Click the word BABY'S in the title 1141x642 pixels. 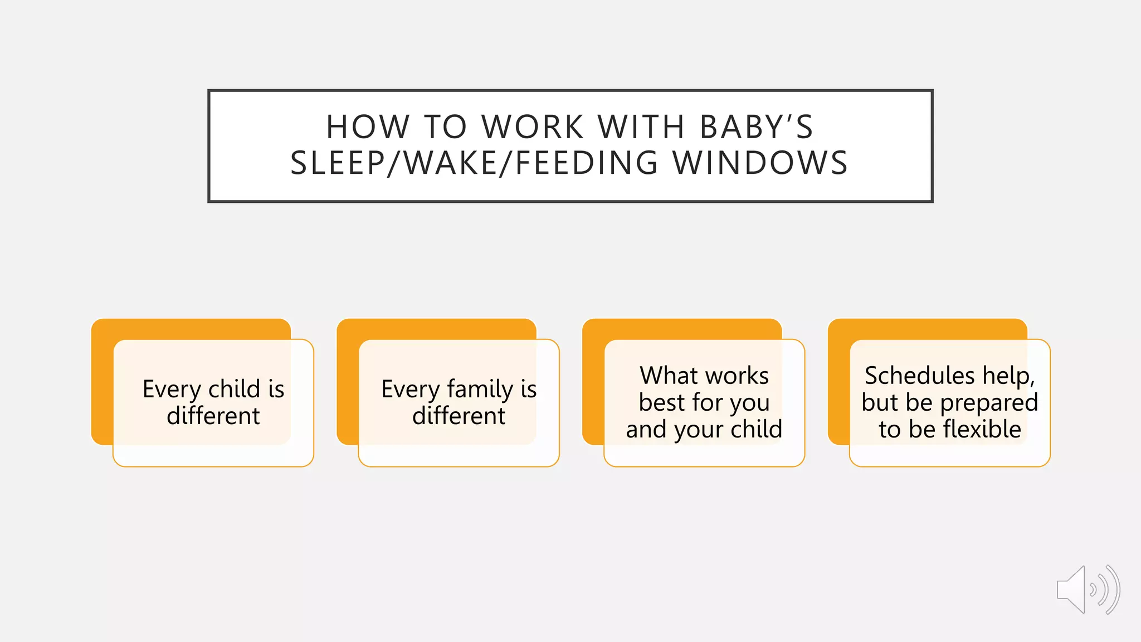pyautogui.click(x=756, y=127)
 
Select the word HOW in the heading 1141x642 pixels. pyautogui.click(x=368, y=127)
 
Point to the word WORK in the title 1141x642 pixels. pyautogui.click(x=533, y=127)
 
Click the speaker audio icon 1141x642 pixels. pyautogui.click(x=1088, y=590)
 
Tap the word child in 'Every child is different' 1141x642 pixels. pyautogui.click(x=234, y=389)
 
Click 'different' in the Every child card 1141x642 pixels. pyautogui.click(x=213, y=416)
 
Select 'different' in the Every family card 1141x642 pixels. pyautogui.click(x=459, y=416)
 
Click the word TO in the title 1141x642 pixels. pyautogui.click(x=445, y=127)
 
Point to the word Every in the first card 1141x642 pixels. pyautogui.click(x=170, y=389)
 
